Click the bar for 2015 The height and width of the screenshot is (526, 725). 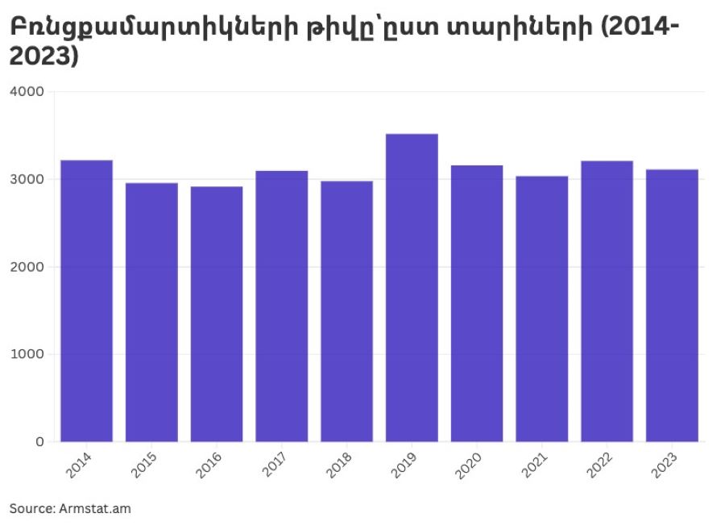point(151,312)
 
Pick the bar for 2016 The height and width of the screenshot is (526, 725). point(217,314)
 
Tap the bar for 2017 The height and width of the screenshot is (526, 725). point(282,306)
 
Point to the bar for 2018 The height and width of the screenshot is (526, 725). point(346,311)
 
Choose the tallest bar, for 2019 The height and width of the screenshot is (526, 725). point(412,287)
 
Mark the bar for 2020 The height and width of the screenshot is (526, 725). point(477,303)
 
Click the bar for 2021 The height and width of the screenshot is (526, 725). point(542,308)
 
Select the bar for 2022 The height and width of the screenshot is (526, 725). point(607,301)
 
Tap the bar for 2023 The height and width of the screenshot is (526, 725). point(672,305)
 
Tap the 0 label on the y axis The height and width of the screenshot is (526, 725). point(39,442)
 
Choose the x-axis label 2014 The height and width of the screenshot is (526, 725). point(81,465)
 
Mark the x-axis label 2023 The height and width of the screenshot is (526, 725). point(667,465)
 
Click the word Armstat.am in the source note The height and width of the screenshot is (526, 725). point(95,508)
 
